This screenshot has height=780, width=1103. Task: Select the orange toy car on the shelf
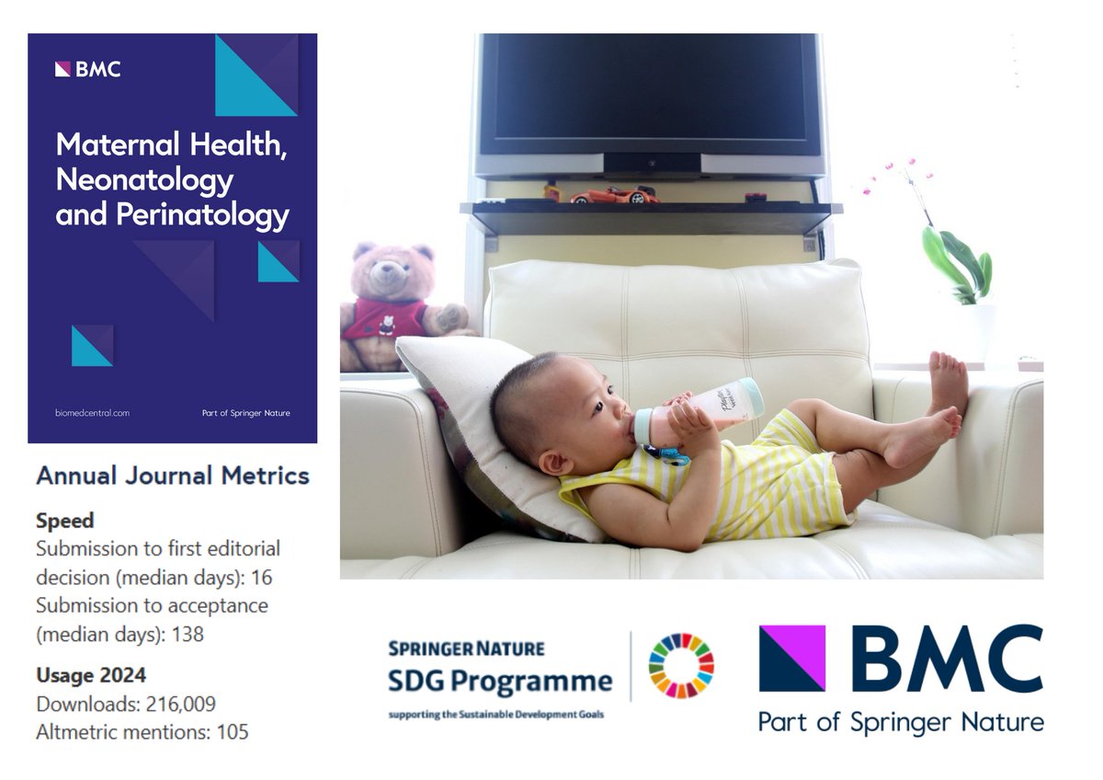point(613,195)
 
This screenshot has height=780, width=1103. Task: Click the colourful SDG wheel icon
point(681,665)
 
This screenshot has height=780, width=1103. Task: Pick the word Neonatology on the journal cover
point(144,179)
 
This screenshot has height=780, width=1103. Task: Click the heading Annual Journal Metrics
point(173,476)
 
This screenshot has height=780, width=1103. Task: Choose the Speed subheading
point(64,521)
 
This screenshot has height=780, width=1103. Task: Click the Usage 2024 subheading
point(90,676)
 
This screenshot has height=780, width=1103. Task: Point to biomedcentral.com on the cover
point(92,413)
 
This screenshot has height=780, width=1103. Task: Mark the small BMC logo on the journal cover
point(87,69)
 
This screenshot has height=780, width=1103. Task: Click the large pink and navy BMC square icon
point(791,658)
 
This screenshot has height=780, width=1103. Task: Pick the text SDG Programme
point(500,682)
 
